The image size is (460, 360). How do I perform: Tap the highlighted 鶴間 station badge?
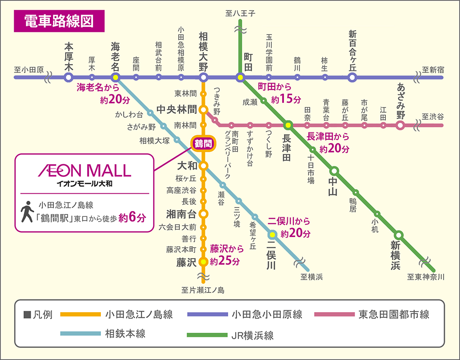tap(203, 144)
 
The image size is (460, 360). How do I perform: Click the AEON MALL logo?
tap(84, 170)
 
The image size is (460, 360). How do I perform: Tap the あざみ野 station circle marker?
tap(400, 125)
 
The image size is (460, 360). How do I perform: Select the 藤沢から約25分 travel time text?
tap(227, 254)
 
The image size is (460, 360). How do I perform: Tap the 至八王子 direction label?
tap(240, 14)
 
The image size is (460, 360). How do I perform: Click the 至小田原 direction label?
tap(29, 70)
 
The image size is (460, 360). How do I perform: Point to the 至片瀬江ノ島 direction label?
tap(203, 290)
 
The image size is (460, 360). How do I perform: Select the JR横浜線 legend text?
tap(253, 335)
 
